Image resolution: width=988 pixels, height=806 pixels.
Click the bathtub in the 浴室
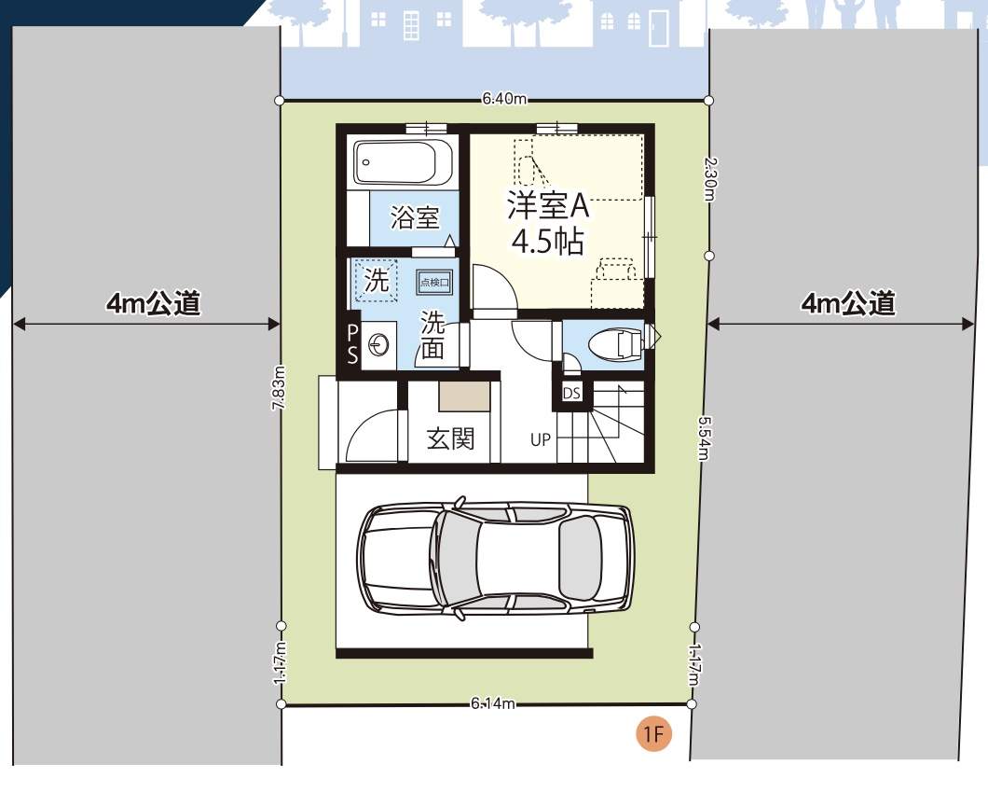click(x=404, y=161)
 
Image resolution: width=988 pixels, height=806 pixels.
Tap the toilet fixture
click(x=616, y=344)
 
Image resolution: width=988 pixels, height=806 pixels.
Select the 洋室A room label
click(x=547, y=205)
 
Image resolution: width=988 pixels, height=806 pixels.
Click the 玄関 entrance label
click(x=450, y=438)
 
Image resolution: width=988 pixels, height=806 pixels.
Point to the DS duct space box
click(x=570, y=393)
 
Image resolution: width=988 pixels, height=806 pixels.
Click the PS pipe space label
click(x=352, y=344)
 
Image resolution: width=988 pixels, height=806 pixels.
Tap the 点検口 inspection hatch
click(x=434, y=282)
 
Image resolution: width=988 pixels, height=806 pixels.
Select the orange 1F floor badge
click(x=653, y=734)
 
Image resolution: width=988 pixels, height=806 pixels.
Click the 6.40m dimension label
click(x=504, y=99)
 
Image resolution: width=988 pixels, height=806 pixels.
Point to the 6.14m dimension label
click(x=493, y=703)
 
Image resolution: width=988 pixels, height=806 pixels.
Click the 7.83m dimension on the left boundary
click(x=279, y=387)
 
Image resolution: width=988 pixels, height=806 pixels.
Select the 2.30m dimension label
click(x=709, y=179)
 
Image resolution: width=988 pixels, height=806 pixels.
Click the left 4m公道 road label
click(x=153, y=303)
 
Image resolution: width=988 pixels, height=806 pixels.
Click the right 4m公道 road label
click(x=847, y=303)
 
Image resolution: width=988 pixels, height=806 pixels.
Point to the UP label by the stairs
click(x=540, y=439)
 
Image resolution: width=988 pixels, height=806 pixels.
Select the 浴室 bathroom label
click(x=414, y=217)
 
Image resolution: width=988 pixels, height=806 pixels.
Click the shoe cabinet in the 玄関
click(x=464, y=396)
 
